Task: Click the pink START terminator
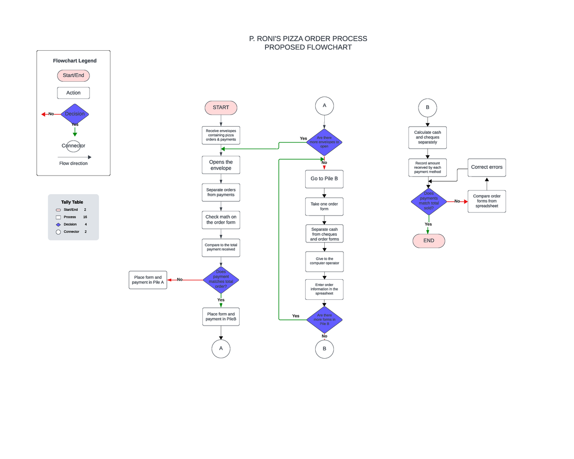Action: tap(221, 108)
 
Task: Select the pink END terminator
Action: tap(429, 240)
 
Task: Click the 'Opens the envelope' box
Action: tap(221, 165)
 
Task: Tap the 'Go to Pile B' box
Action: tap(324, 179)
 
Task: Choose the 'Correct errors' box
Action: tap(486, 167)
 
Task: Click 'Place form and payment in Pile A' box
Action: tap(148, 280)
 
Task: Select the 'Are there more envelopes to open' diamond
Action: tap(324, 142)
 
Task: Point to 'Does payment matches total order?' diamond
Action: tap(221, 280)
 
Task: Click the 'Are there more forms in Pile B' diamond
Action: tap(324, 320)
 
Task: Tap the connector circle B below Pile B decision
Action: tap(324, 349)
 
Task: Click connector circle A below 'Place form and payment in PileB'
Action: tap(221, 349)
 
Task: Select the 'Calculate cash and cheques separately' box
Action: tap(427, 137)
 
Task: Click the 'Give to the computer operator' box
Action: tap(324, 261)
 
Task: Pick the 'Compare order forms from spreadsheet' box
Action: tap(486, 201)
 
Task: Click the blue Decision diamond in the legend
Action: tap(75, 114)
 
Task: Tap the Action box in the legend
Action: tap(73, 93)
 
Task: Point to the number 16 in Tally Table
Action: tap(85, 217)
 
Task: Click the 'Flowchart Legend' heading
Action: tap(75, 61)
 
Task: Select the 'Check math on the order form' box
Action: tap(221, 219)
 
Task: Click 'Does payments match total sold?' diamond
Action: tap(429, 201)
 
